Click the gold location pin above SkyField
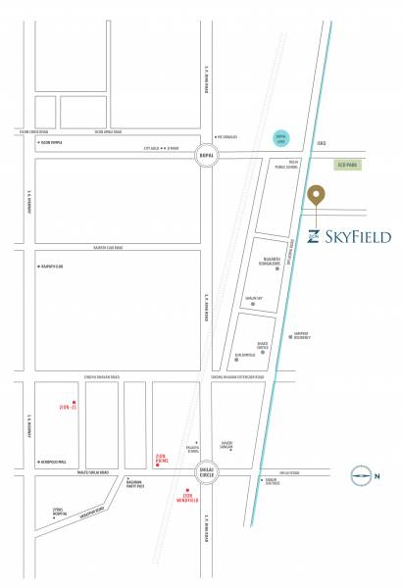[x=316, y=195]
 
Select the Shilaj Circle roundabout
[x=207, y=469]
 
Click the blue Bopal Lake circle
[x=280, y=139]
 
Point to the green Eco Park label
[x=348, y=166]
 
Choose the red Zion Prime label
[x=164, y=457]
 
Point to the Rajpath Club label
[x=52, y=267]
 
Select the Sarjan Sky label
[x=254, y=296]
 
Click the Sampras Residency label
[x=301, y=334]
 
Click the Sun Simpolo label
[x=244, y=355]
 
